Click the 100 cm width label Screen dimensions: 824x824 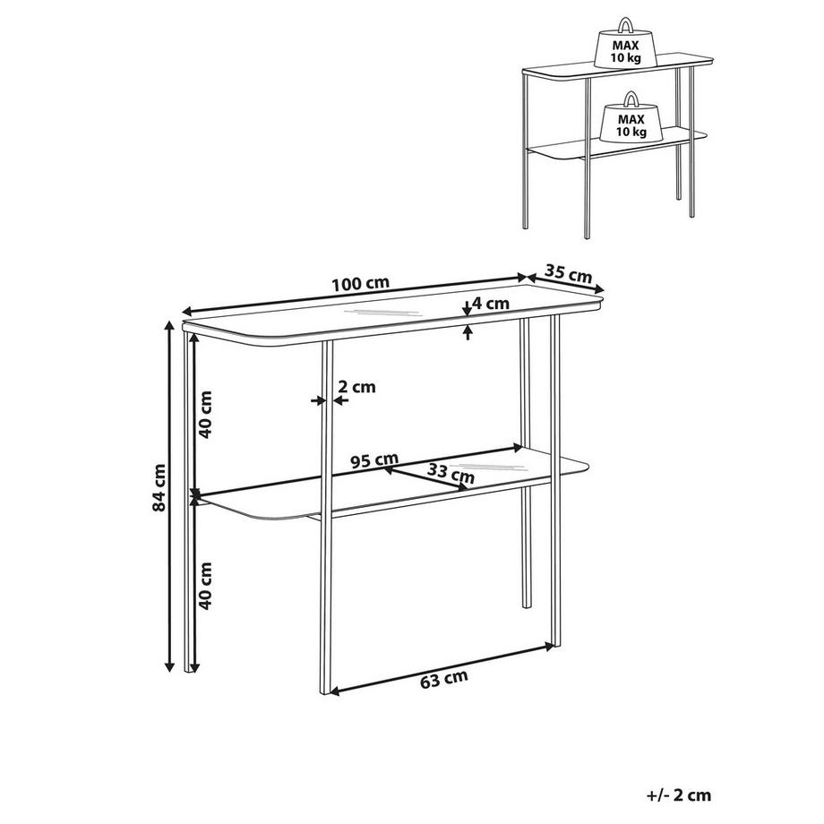pos(360,283)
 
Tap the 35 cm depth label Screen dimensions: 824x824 pos(568,273)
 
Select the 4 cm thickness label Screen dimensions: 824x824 pos(491,304)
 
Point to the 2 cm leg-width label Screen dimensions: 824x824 pos(356,387)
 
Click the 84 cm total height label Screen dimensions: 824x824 pos(159,487)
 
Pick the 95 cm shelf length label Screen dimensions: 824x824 pos(374,461)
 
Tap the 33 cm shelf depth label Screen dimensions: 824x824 pos(451,473)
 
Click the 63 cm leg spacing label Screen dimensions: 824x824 pos(444,680)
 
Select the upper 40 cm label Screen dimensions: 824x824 pos(204,416)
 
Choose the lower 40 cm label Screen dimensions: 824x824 pos(204,586)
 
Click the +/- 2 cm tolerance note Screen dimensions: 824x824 pos(679,795)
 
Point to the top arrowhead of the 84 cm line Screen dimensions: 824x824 pos(169,325)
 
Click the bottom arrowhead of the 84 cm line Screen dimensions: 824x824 pos(169,667)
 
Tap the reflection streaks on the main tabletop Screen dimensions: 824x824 pos(382,313)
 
